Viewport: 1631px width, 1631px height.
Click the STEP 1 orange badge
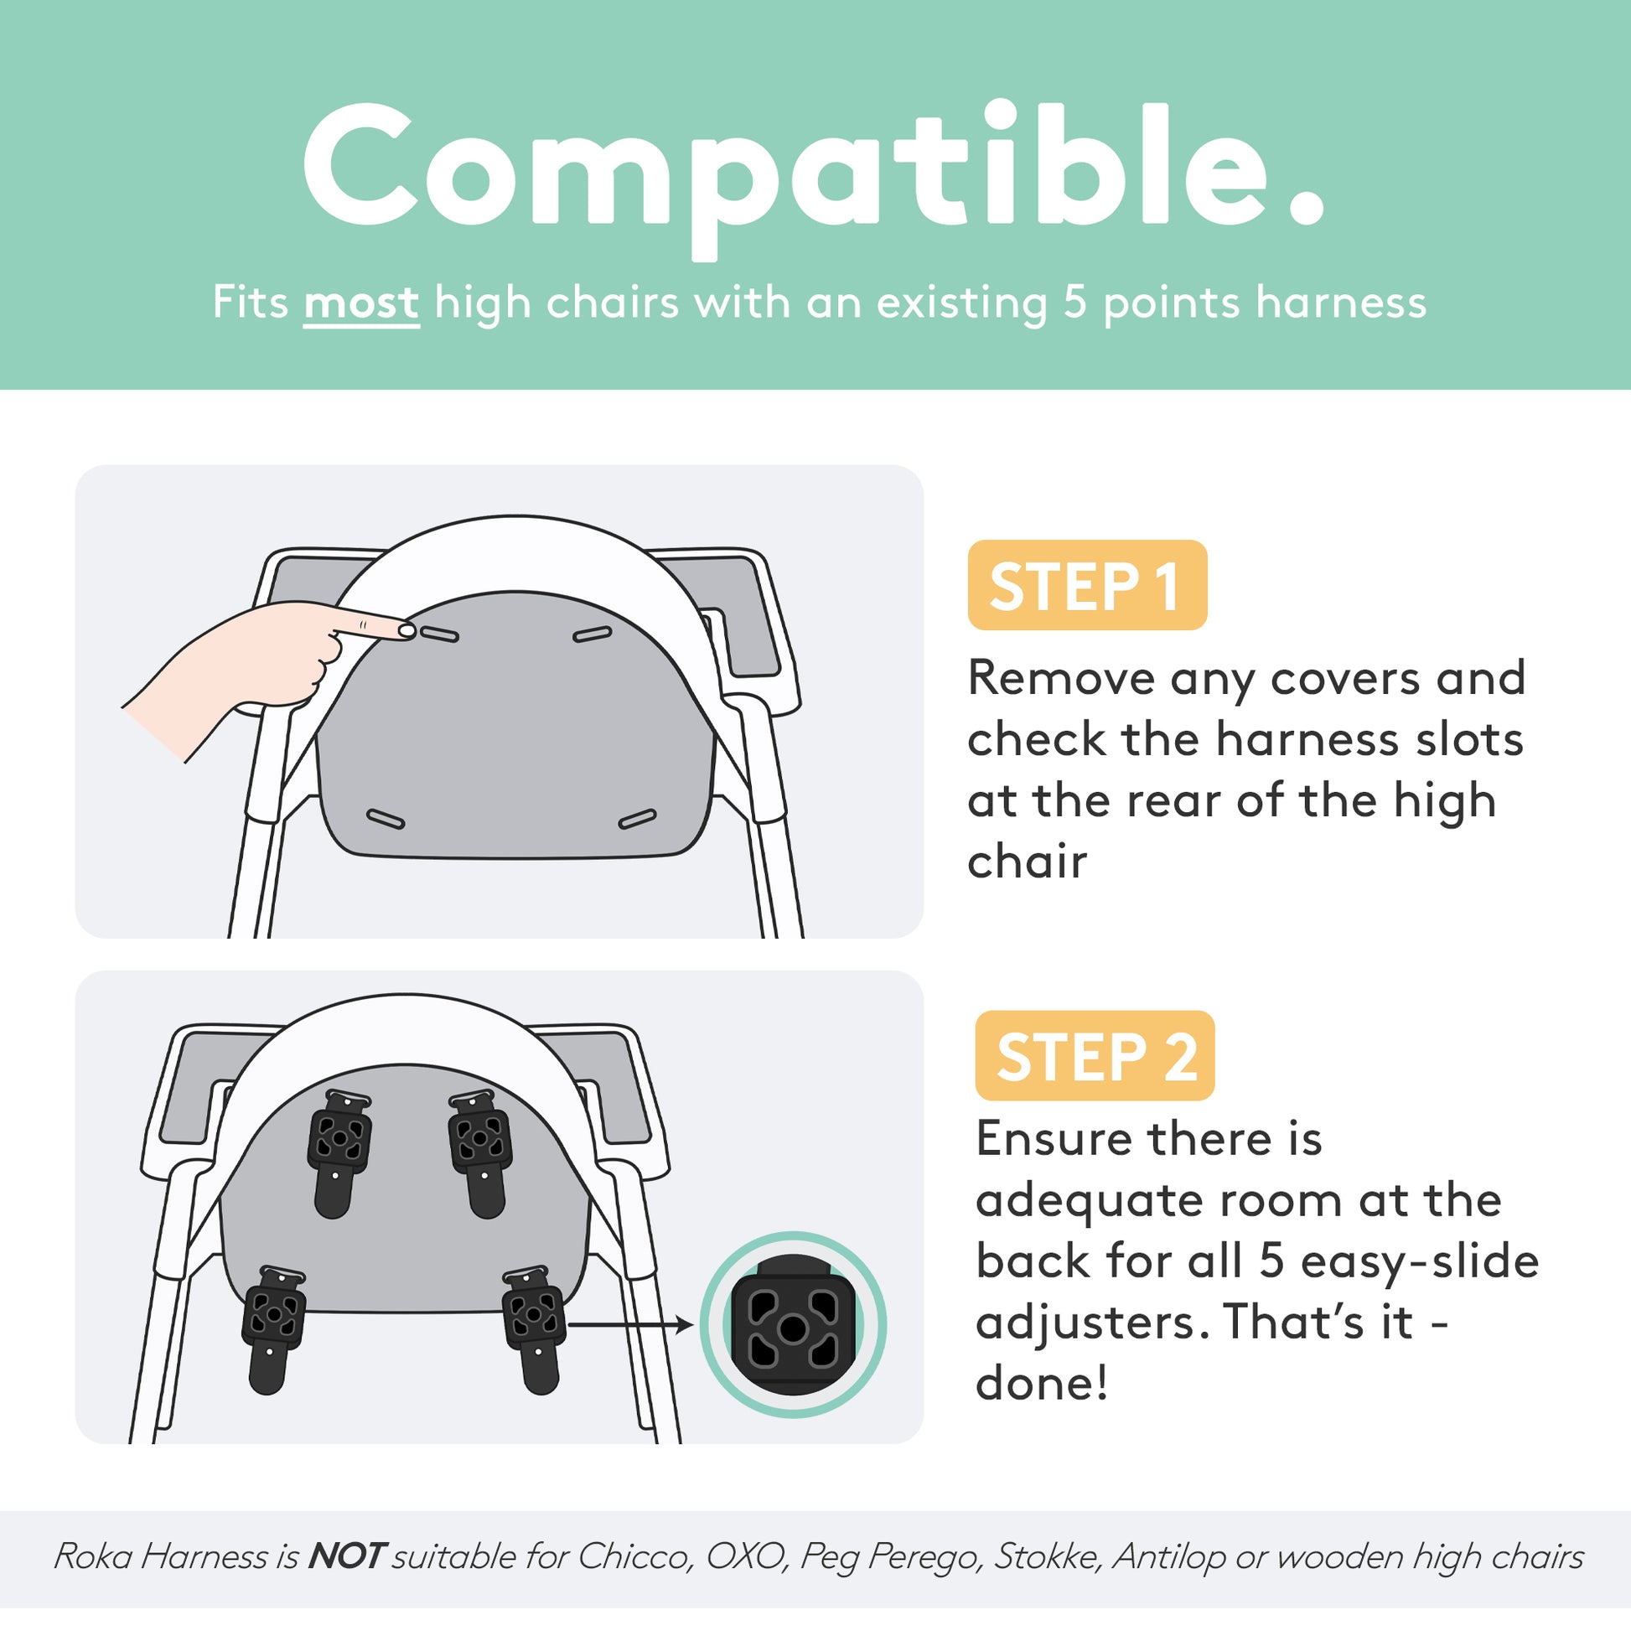click(x=1086, y=585)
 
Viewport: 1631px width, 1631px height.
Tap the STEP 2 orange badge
click(x=1094, y=1055)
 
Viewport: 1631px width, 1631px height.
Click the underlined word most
click(x=360, y=303)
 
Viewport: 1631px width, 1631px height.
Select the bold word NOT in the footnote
click(x=347, y=1556)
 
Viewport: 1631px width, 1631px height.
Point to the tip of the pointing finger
click(x=406, y=629)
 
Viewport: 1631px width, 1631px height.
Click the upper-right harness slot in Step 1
click(x=592, y=634)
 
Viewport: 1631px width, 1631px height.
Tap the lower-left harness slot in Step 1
click(x=385, y=818)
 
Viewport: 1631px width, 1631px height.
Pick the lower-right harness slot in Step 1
click(x=637, y=818)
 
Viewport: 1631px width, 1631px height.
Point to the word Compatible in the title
click(x=812, y=168)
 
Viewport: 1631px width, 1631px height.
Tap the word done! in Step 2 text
click(x=1040, y=1384)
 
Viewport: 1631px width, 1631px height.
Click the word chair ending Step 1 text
click(x=1027, y=862)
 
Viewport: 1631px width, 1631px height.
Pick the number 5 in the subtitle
click(x=1074, y=302)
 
